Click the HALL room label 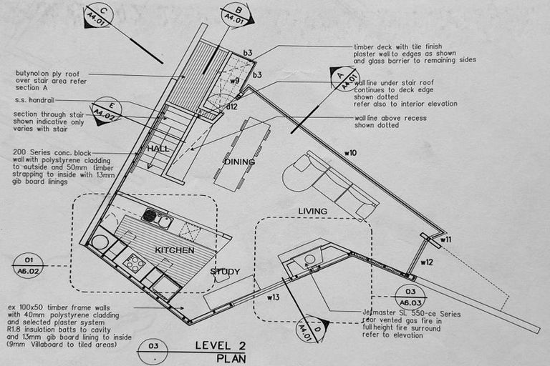click(158, 149)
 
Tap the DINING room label click(239, 162)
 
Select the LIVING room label click(312, 211)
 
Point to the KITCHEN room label click(174, 251)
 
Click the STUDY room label click(225, 272)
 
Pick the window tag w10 click(350, 152)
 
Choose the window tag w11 click(445, 239)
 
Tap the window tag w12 click(427, 262)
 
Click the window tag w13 click(273, 296)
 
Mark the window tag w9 click(234, 80)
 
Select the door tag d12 click(231, 107)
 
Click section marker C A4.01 click(98, 16)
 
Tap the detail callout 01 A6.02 click(28, 266)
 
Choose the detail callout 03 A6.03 click(410, 297)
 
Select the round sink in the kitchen click(100, 242)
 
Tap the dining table click(241, 154)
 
